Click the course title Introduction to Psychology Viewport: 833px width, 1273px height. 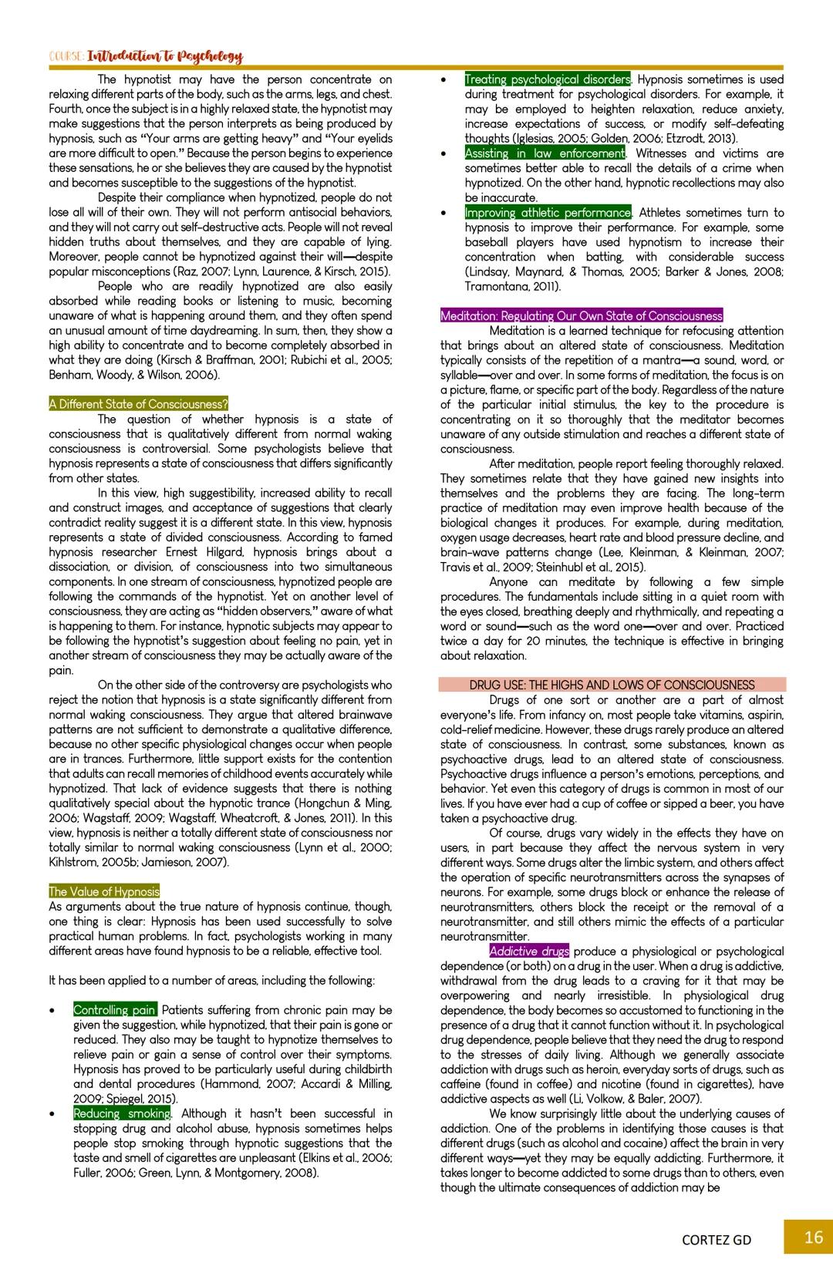point(165,56)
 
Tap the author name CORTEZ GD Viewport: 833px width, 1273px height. point(716,1240)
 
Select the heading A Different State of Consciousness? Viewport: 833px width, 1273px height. point(139,404)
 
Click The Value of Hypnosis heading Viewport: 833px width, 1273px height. point(104,891)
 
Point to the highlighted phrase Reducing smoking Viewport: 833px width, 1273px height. point(122,1113)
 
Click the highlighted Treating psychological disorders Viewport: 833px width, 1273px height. point(548,79)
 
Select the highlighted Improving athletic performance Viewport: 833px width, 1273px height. point(548,213)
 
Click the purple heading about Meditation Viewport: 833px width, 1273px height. point(582,315)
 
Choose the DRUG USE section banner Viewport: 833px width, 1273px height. point(612,685)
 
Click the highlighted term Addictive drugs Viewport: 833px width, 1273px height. point(529,951)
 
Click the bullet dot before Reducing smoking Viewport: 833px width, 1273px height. point(52,1114)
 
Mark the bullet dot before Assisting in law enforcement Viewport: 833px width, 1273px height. point(443,154)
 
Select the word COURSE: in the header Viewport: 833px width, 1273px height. point(67,57)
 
